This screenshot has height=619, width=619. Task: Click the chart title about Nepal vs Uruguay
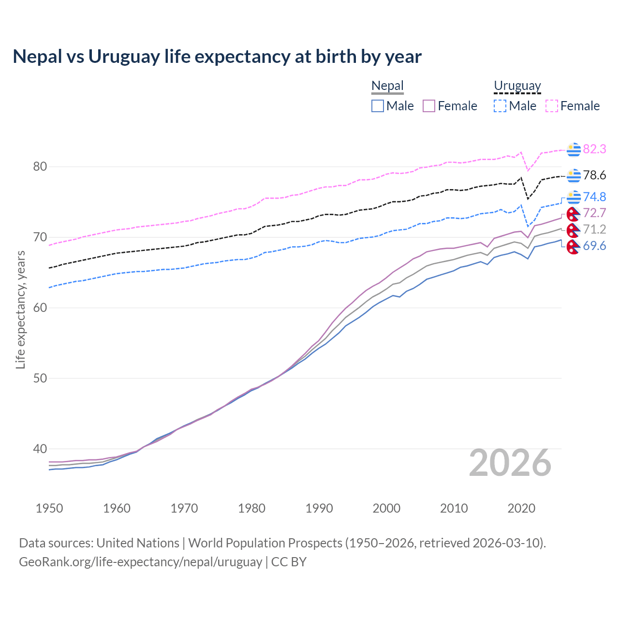point(217,57)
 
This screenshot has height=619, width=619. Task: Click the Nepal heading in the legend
point(387,86)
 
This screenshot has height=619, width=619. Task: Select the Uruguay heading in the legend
point(517,86)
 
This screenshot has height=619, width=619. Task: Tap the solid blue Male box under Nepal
point(378,106)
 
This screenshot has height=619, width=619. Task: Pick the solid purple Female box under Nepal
point(429,106)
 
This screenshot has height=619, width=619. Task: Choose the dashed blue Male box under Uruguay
point(500,106)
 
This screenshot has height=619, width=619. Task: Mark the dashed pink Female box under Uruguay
point(552,106)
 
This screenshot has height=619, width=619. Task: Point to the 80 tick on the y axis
point(40,167)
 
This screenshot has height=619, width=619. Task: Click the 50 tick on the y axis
point(40,378)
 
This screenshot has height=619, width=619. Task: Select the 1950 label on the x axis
point(49,508)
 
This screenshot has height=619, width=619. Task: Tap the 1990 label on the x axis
point(319,508)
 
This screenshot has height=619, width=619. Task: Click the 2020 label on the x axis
point(521,508)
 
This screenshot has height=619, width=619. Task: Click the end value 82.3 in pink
point(594,149)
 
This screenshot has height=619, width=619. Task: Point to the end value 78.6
point(594,176)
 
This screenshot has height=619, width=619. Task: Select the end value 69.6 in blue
point(594,246)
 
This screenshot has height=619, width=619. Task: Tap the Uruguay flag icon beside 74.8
point(574,197)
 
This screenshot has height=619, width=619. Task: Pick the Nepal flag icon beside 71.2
point(574,229)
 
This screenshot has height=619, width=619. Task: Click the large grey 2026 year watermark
point(510,463)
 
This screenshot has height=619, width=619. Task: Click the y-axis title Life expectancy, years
point(21,309)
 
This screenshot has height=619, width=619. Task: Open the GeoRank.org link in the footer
point(140,562)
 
